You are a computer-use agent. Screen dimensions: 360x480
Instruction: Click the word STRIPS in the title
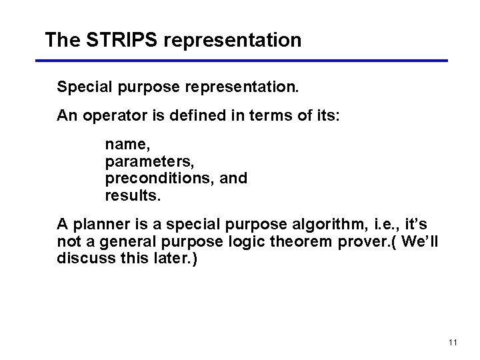pyautogui.click(x=122, y=40)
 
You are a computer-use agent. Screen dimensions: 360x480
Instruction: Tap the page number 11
pyautogui.click(x=453, y=343)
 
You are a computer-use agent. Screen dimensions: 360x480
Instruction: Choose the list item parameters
pyautogui.click(x=150, y=161)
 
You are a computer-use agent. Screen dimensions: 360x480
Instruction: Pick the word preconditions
pyautogui.click(x=153, y=179)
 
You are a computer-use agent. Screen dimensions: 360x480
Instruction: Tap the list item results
pyautogui.click(x=133, y=196)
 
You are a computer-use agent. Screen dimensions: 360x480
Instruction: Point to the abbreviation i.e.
pyautogui.click(x=385, y=223)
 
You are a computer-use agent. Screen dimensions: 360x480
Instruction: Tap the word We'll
pyautogui.click(x=420, y=241)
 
